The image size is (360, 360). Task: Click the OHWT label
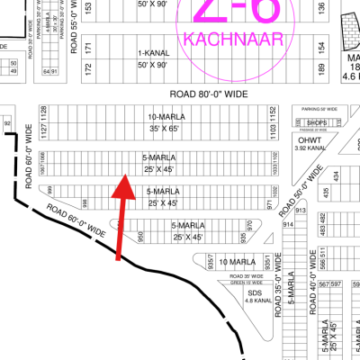coord(309,141)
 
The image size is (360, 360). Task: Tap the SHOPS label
coord(314,123)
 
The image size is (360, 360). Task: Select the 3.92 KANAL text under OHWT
coord(309,150)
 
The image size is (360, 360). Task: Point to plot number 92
coord(7,121)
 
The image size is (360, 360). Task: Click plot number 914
coord(289,224)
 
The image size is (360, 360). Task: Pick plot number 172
coord(87,68)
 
